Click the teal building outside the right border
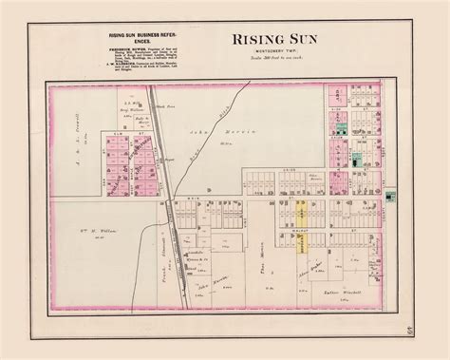click(x=390, y=196)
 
